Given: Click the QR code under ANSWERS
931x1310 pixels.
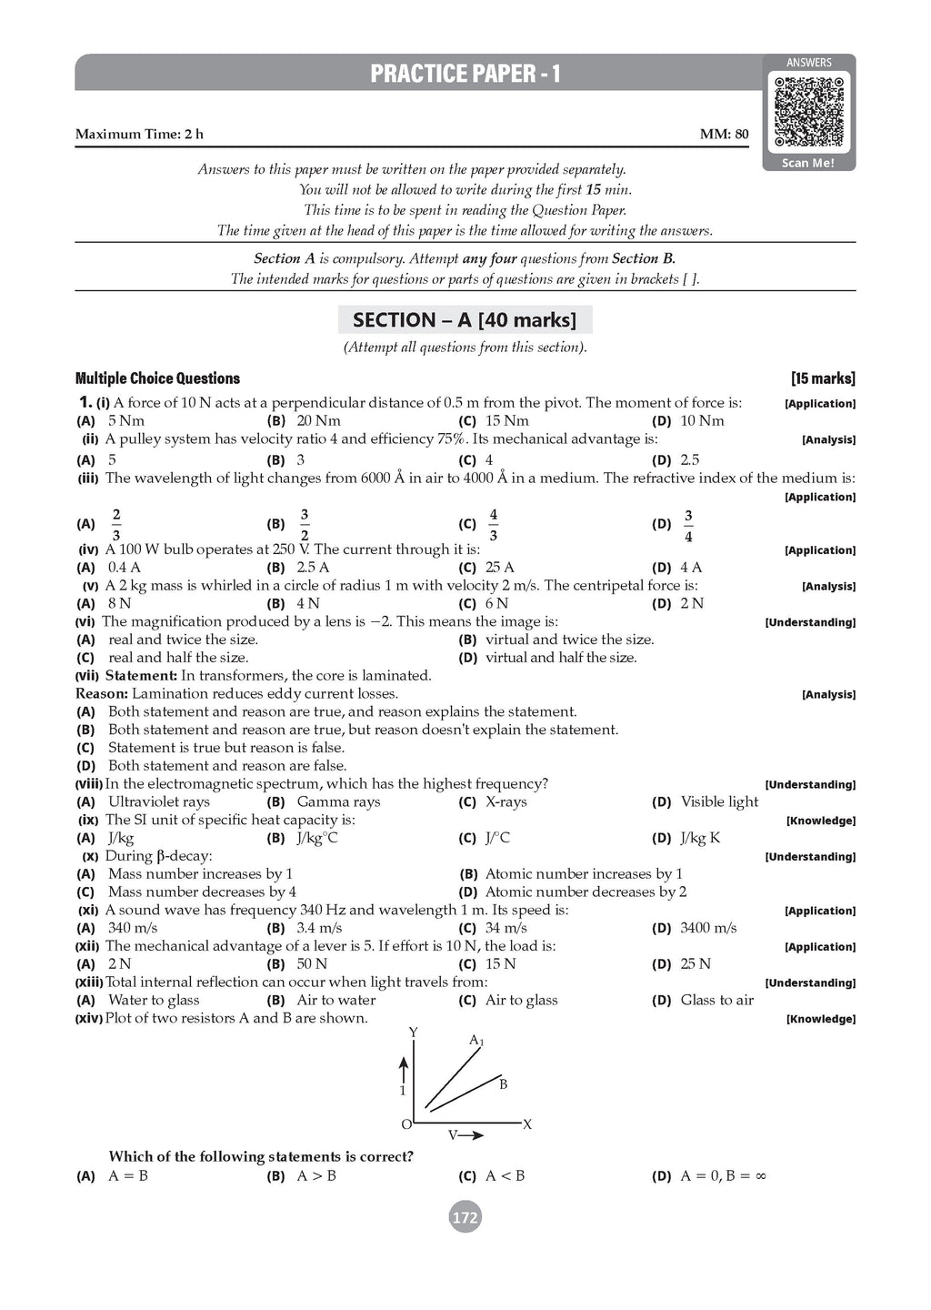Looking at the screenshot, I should click(x=808, y=112).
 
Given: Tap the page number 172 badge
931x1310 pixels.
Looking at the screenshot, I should click(x=465, y=1217).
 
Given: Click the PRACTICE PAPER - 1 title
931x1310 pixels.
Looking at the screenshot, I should click(x=465, y=74).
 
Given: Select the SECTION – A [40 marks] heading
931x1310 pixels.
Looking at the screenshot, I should click(x=465, y=320).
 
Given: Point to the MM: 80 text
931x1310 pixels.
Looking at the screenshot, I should click(x=724, y=135).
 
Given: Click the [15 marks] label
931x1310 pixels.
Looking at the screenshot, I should click(x=823, y=378).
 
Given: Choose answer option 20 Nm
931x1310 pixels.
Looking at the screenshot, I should click(x=318, y=420).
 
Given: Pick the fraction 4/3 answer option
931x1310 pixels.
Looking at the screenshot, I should click(x=493, y=524).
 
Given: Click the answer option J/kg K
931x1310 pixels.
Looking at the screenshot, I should click(x=700, y=838).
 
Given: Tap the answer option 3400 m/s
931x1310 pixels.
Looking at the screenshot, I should click(x=708, y=928).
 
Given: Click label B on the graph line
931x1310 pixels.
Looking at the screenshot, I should click(x=503, y=1083).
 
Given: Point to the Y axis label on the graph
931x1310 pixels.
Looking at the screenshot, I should click(x=414, y=1033).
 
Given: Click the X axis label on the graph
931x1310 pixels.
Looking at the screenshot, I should click(x=527, y=1124).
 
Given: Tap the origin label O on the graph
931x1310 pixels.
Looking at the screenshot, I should click(x=406, y=1124).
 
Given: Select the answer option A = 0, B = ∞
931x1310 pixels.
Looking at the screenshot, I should click(x=723, y=1175).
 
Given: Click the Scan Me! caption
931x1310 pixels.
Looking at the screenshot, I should click(x=808, y=163).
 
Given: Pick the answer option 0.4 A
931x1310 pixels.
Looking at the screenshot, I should click(x=125, y=567).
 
